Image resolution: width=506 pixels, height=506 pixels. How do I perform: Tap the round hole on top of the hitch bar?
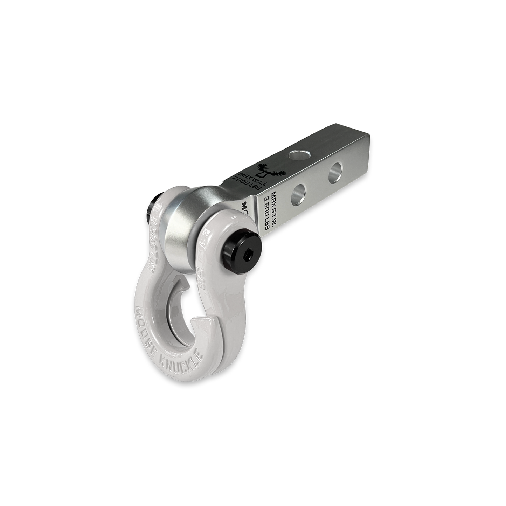[x=296, y=155]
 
